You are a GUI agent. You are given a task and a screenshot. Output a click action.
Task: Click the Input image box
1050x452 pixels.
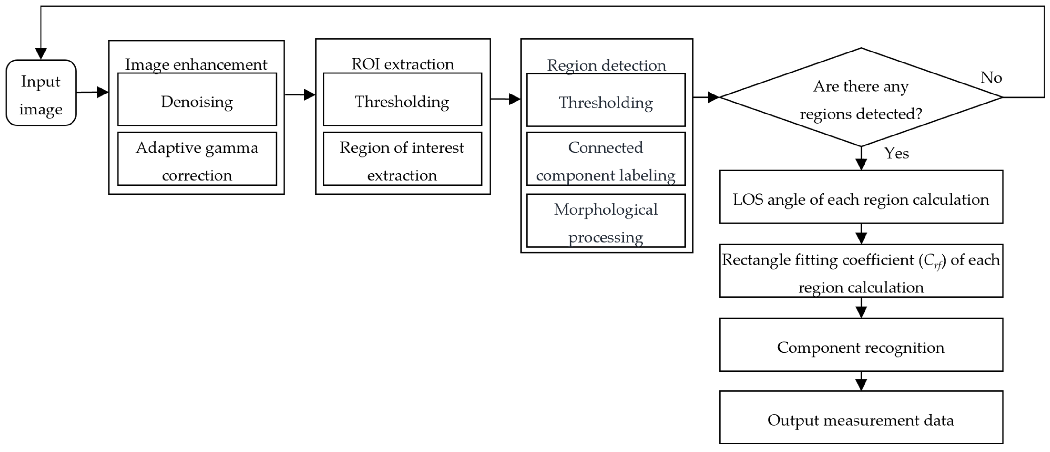(x=41, y=93)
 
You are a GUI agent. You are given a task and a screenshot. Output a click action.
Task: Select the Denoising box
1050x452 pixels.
(x=197, y=99)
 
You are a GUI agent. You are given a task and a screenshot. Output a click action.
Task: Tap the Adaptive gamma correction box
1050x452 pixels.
(x=197, y=159)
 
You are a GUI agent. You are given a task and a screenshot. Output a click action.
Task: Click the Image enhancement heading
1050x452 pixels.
(x=196, y=64)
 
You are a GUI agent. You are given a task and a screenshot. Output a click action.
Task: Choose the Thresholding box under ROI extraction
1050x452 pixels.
(x=402, y=99)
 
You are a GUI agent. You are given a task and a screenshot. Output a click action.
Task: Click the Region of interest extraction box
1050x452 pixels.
(x=402, y=159)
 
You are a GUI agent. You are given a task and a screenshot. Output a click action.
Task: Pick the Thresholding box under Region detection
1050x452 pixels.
(x=606, y=100)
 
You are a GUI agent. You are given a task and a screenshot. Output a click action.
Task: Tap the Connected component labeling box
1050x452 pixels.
(x=606, y=159)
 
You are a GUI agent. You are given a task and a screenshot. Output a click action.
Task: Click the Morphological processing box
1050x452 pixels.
(x=606, y=221)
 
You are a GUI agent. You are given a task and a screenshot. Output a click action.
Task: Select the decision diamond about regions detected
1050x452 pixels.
(x=861, y=97)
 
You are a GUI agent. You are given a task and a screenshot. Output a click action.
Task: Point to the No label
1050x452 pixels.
(x=991, y=77)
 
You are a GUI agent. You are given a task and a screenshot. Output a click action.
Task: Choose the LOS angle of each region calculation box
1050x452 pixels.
(x=861, y=197)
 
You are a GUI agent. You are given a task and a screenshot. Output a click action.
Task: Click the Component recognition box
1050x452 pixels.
(x=861, y=345)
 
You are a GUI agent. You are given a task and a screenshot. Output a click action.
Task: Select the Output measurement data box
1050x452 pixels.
(x=861, y=417)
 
